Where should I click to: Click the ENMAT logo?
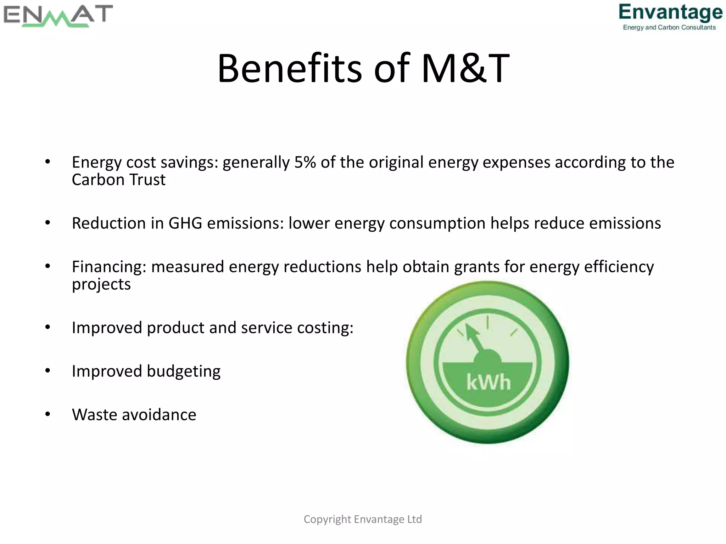58,16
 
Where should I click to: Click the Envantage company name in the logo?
670,12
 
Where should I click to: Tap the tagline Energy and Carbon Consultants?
669,28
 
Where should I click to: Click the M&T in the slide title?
465,68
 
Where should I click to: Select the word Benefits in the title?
290,68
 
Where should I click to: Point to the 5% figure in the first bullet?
305,163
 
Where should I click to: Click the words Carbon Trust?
118,180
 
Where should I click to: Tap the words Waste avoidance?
134,415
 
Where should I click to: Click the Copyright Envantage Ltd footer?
363,519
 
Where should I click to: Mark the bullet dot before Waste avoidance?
48,414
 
